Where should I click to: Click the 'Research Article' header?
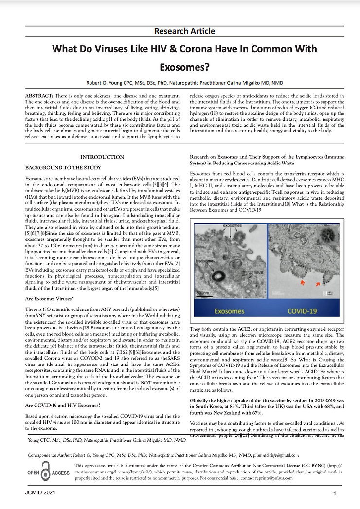(184, 31)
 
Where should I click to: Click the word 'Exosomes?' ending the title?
(184, 67)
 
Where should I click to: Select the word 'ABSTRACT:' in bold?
(39, 96)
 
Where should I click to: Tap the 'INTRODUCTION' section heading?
(102, 157)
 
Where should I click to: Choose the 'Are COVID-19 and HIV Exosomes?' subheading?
(66, 405)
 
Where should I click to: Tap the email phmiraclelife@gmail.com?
(274, 455)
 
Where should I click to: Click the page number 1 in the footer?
(335, 494)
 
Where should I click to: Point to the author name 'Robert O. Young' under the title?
(105, 83)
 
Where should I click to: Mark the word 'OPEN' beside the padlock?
(33, 473)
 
